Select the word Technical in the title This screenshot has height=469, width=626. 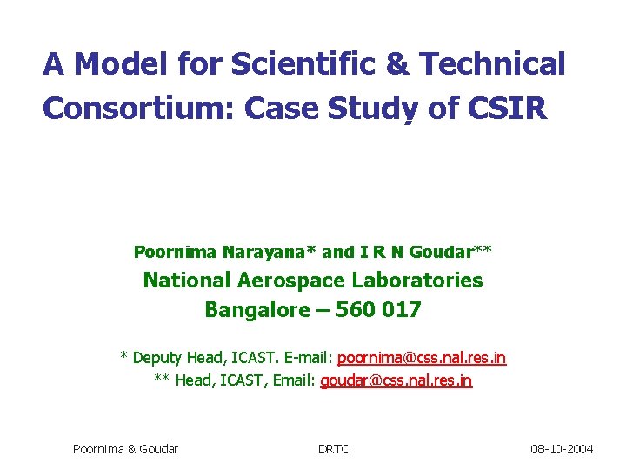tap(492, 63)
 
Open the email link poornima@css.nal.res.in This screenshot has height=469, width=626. tap(422, 358)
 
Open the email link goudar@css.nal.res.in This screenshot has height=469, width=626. tap(396, 380)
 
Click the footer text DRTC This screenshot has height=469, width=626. tap(333, 449)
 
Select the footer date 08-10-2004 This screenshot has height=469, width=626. tap(563, 449)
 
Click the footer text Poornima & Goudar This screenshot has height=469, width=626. tap(126, 449)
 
